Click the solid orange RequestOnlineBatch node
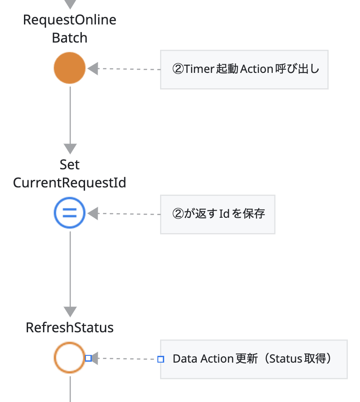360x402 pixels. click(70, 68)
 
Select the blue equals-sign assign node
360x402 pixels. click(70, 213)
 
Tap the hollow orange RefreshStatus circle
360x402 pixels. click(70, 358)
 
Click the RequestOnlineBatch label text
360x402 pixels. click(70, 29)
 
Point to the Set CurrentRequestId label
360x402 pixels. click(70, 174)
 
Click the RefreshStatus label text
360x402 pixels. click(70, 328)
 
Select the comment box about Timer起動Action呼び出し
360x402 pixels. click(244, 69)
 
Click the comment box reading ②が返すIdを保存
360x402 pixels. click(218, 214)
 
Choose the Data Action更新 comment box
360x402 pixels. click(254, 359)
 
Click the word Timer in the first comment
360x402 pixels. click(197, 69)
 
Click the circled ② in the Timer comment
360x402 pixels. click(178, 69)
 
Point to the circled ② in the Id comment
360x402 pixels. click(178, 214)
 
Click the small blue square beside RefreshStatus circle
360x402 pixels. click(89, 358)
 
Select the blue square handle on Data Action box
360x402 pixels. click(161, 359)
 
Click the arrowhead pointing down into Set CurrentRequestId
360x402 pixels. click(70, 148)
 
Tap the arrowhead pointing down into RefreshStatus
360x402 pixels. click(70, 311)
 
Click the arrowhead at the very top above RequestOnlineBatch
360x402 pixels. click(70, 4)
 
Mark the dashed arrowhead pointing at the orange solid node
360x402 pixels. click(93, 69)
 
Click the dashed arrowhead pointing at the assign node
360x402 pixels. click(93, 213)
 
